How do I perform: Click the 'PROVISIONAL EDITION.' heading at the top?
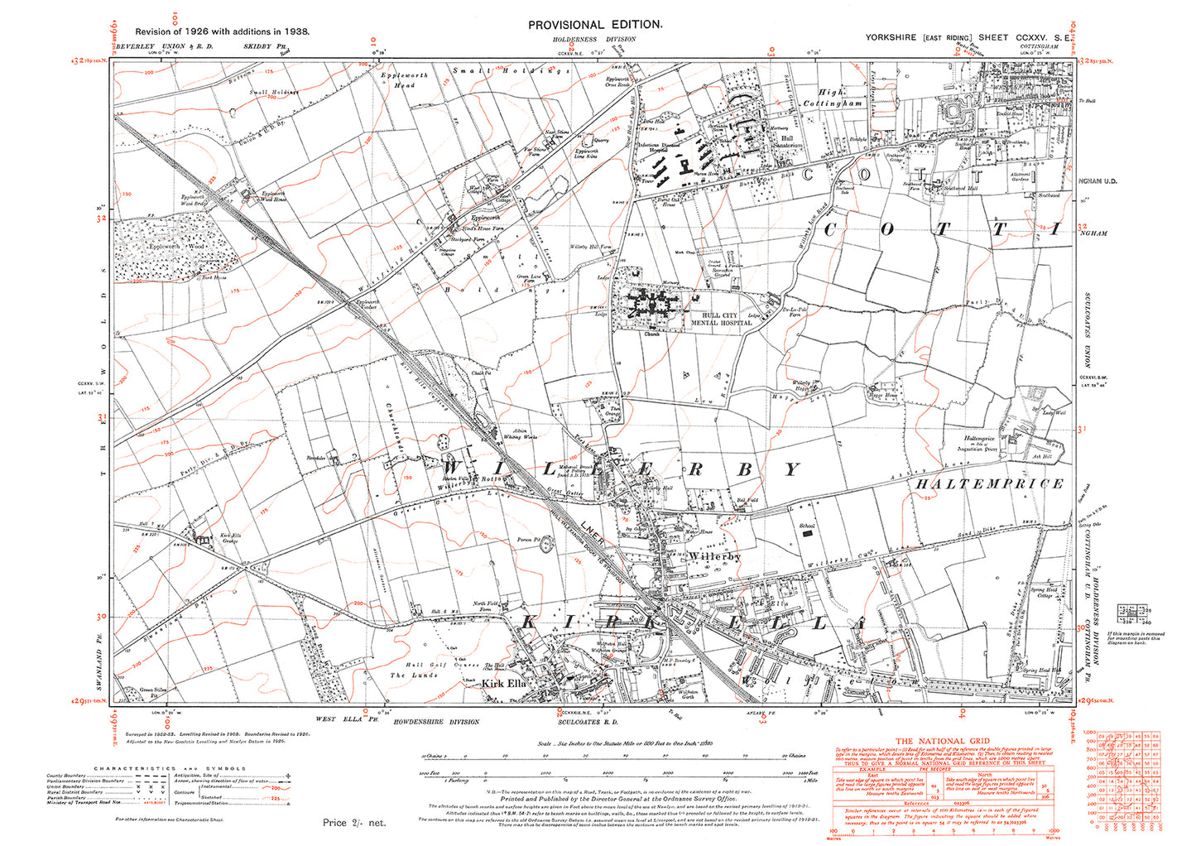point(595,25)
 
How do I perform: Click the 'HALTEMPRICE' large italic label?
point(988,484)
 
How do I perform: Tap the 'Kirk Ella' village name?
point(502,684)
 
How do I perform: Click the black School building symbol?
point(806,535)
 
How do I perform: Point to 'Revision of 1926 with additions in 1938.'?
point(211,31)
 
